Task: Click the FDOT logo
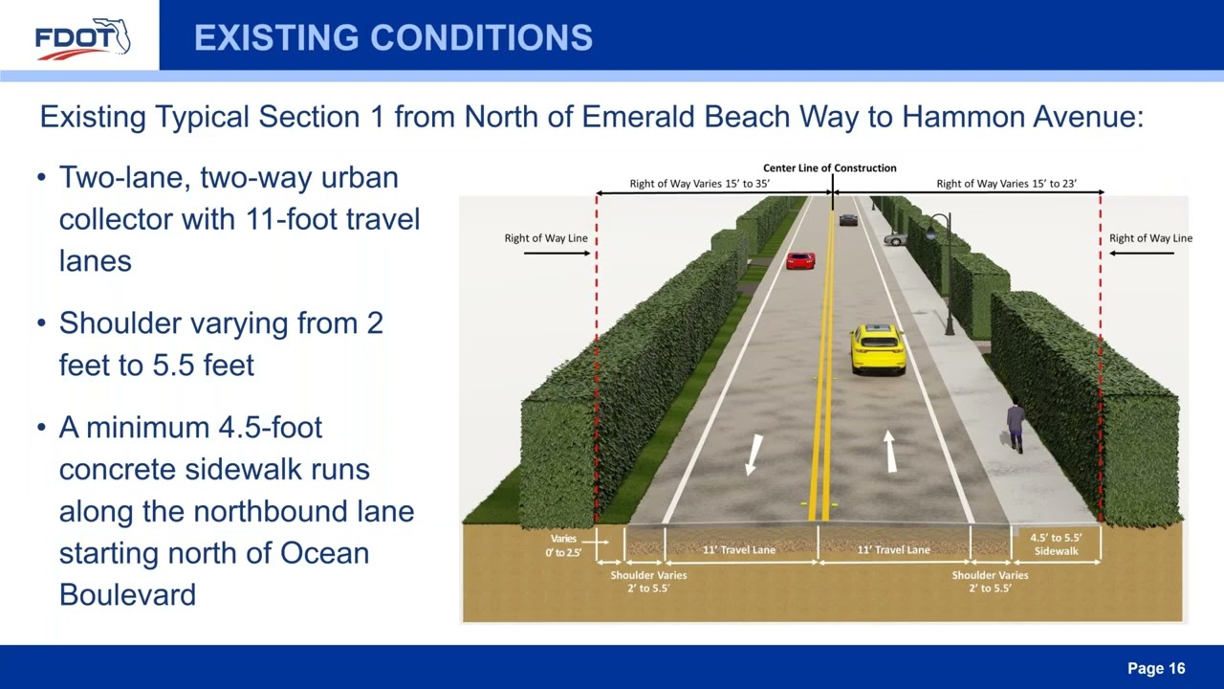pyautogui.click(x=82, y=38)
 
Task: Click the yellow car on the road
pyautogui.click(x=878, y=348)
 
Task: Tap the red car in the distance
pyautogui.click(x=800, y=260)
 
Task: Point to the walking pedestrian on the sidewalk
pyautogui.click(x=1016, y=426)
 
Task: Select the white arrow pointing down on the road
pyautogui.click(x=754, y=455)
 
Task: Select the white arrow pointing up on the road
pyautogui.click(x=890, y=451)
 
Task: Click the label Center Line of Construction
pyautogui.click(x=829, y=167)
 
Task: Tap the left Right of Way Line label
pyautogui.click(x=546, y=238)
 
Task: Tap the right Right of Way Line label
pyautogui.click(x=1150, y=238)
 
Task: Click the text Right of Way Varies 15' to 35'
pyautogui.click(x=707, y=184)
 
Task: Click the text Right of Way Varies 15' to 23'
pyautogui.click(x=1006, y=184)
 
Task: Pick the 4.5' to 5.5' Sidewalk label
pyautogui.click(x=1056, y=545)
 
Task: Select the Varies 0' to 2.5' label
pyautogui.click(x=563, y=545)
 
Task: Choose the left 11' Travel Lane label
pyautogui.click(x=739, y=550)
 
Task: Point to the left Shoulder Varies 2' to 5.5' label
pyautogui.click(x=648, y=582)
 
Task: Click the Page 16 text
pyautogui.click(x=1156, y=668)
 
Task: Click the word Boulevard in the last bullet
pyautogui.click(x=127, y=594)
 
